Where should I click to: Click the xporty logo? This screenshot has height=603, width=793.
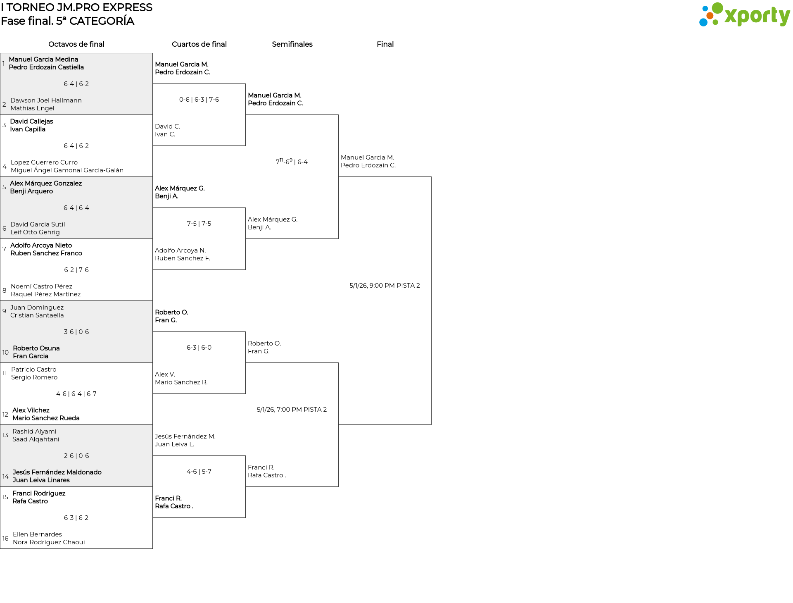tap(744, 14)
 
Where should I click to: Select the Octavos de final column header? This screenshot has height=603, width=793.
tap(76, 44)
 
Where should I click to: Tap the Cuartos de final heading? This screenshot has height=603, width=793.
tap(199, 44)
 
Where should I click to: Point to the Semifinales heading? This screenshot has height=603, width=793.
tap(292, 44)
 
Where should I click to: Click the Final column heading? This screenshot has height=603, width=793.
tap(385, 44)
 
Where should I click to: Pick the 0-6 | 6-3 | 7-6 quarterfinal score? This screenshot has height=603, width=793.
tap(199, 100)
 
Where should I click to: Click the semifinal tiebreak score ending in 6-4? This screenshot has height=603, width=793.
tap(292, 161)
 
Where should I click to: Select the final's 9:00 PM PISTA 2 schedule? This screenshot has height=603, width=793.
tap(385, 286)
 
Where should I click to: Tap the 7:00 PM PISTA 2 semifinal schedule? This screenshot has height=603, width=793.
tap(292, 410)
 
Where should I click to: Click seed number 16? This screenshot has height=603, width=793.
tap(5, 539)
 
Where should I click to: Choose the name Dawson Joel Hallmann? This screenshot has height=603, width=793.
tap(46, 100)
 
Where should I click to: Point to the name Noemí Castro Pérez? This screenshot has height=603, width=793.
tap(41, 286)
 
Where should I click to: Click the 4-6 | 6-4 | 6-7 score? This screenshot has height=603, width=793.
tap(76, 394)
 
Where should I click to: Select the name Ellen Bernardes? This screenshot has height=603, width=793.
tap(37, 534)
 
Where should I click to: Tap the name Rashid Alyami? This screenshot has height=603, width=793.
tap(34, 431)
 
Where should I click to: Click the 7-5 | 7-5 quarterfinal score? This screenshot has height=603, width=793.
tap(199, 224)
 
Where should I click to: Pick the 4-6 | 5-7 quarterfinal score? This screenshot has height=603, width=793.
tap(199, 472)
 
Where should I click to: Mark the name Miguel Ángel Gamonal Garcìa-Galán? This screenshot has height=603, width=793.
tap(67, 170)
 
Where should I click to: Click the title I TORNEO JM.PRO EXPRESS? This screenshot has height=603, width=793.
tap(77, 7)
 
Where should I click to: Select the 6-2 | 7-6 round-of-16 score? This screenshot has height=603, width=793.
tap(76, 270)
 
